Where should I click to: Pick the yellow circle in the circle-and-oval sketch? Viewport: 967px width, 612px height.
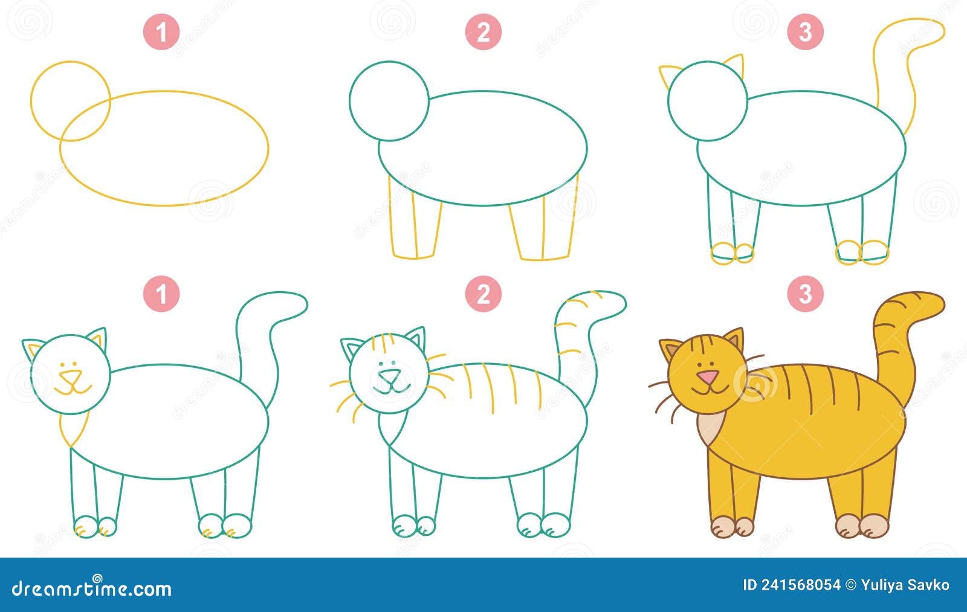point(70,101)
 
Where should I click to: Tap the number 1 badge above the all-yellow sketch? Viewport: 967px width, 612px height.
point(161,33)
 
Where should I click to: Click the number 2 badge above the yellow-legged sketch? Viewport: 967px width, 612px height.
point(483,33)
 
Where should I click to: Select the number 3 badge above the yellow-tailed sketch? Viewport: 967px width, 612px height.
point(805,33)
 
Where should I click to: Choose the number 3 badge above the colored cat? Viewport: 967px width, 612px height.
point(805,295)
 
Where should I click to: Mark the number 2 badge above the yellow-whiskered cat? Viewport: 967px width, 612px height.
point(483,295)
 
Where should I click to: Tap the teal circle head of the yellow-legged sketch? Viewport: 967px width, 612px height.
point(389,101)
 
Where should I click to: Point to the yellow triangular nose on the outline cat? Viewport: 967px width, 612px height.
point(71,377)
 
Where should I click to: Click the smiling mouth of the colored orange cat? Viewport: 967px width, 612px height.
point(708,390)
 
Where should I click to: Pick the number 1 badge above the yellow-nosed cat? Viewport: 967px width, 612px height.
point(161,295)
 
